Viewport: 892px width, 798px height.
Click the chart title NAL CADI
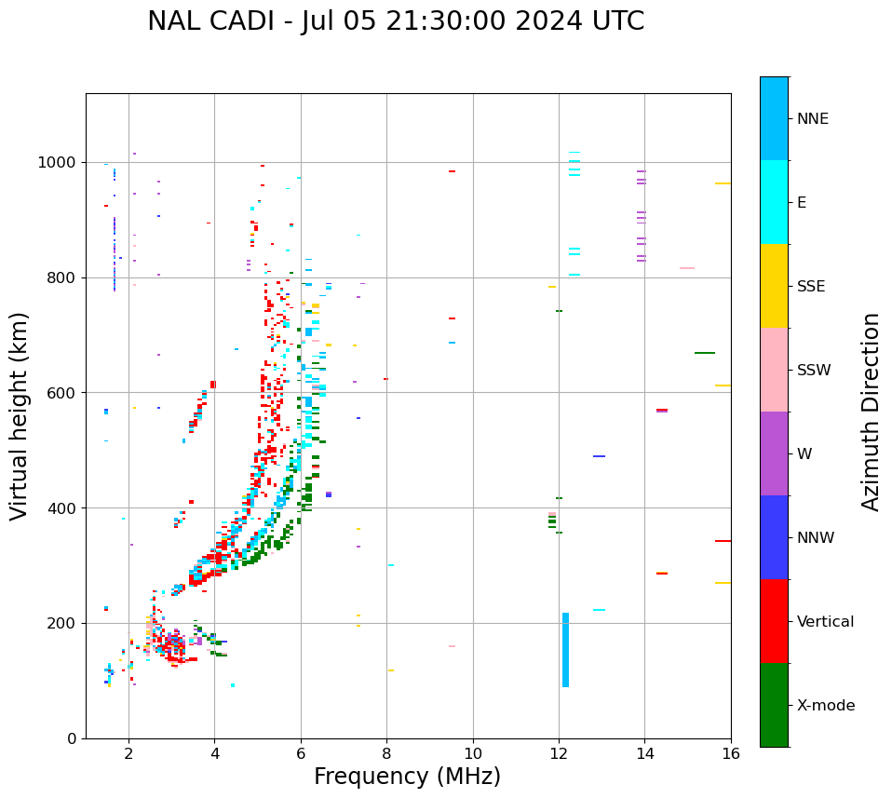[396, 21]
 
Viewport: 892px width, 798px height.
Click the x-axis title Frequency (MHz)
[407, 777]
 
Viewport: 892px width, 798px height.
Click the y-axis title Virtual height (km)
[20, 416]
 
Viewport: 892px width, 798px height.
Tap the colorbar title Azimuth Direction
[871, 412]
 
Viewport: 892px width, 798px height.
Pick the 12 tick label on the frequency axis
[559, 753]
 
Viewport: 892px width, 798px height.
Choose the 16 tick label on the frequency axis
[731, 753]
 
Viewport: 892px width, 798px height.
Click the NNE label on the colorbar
[812, 119]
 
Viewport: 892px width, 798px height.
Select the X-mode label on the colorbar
[825, 706]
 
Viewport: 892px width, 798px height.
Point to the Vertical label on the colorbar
[825, 622]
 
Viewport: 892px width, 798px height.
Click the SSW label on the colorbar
[814, 371]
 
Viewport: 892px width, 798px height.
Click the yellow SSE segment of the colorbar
[774, 286]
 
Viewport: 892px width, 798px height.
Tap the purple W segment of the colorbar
[774, 453]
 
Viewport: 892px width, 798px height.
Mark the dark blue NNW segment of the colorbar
[774, 537]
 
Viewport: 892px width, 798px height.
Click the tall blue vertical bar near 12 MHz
[565, 650]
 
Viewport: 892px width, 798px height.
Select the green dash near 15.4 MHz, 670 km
[704, 353]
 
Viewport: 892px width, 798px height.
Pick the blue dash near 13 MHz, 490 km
[599, 456]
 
